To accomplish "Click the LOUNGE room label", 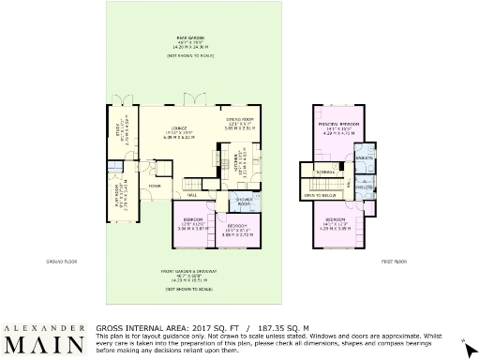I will pyautogui.click(x=177, y=129).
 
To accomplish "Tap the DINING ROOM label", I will pyautogui.click(x=241, y=120).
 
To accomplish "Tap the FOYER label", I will pyautogui.click(x=155, y=186).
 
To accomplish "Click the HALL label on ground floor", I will pyautogui.click(x=191, y=195).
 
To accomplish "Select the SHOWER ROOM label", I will pyautogui.click(x=243, y=202).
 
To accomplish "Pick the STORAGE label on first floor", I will pyautogui.click(x=325, y=172).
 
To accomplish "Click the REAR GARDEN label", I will pyautogui.click(x=191, y=37).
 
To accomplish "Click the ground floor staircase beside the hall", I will pyautogui.click(x=194, y=184).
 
